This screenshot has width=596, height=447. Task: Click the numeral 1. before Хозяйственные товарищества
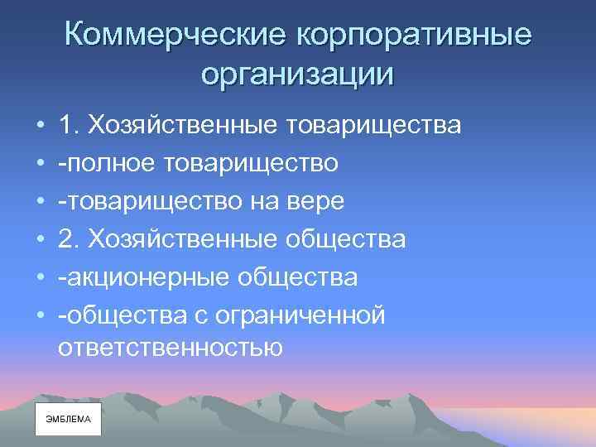coord(69,126)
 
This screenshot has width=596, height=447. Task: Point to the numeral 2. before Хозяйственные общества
coord(69,240)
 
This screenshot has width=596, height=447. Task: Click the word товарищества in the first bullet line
coord(372,126)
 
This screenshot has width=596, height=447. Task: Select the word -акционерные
coord(140,278)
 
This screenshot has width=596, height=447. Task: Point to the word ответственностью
coord(171,348)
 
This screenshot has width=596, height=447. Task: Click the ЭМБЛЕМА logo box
coord(68,420)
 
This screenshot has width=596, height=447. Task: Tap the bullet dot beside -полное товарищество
coord(41,164)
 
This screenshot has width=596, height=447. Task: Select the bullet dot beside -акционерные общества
coord(41,278)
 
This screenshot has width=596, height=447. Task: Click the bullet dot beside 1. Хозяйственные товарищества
coord(41,126)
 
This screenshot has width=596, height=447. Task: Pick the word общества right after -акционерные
coord(294,278)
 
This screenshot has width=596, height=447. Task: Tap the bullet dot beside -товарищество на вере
coord(41,202)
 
